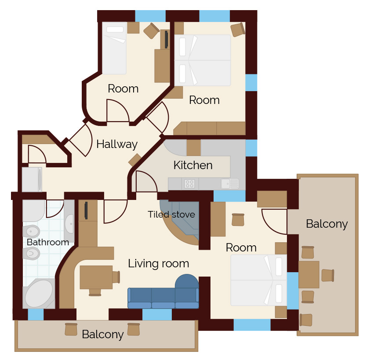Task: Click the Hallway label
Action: point(117,144)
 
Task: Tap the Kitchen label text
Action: point(193,165)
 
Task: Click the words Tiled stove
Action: point(171,214)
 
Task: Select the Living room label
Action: point(159,264)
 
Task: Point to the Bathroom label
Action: point(48,242)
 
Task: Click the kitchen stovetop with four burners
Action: point(190,184)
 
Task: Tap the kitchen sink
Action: point(229,184)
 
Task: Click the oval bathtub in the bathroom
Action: point(39,294)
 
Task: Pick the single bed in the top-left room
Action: point(114,48)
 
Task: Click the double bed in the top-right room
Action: point(203,60)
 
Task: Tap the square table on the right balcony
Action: point(309,274)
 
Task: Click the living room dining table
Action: point(96,277)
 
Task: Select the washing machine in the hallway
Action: point(32,180)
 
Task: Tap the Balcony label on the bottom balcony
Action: point(103,335)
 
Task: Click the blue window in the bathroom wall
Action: point(36,314)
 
